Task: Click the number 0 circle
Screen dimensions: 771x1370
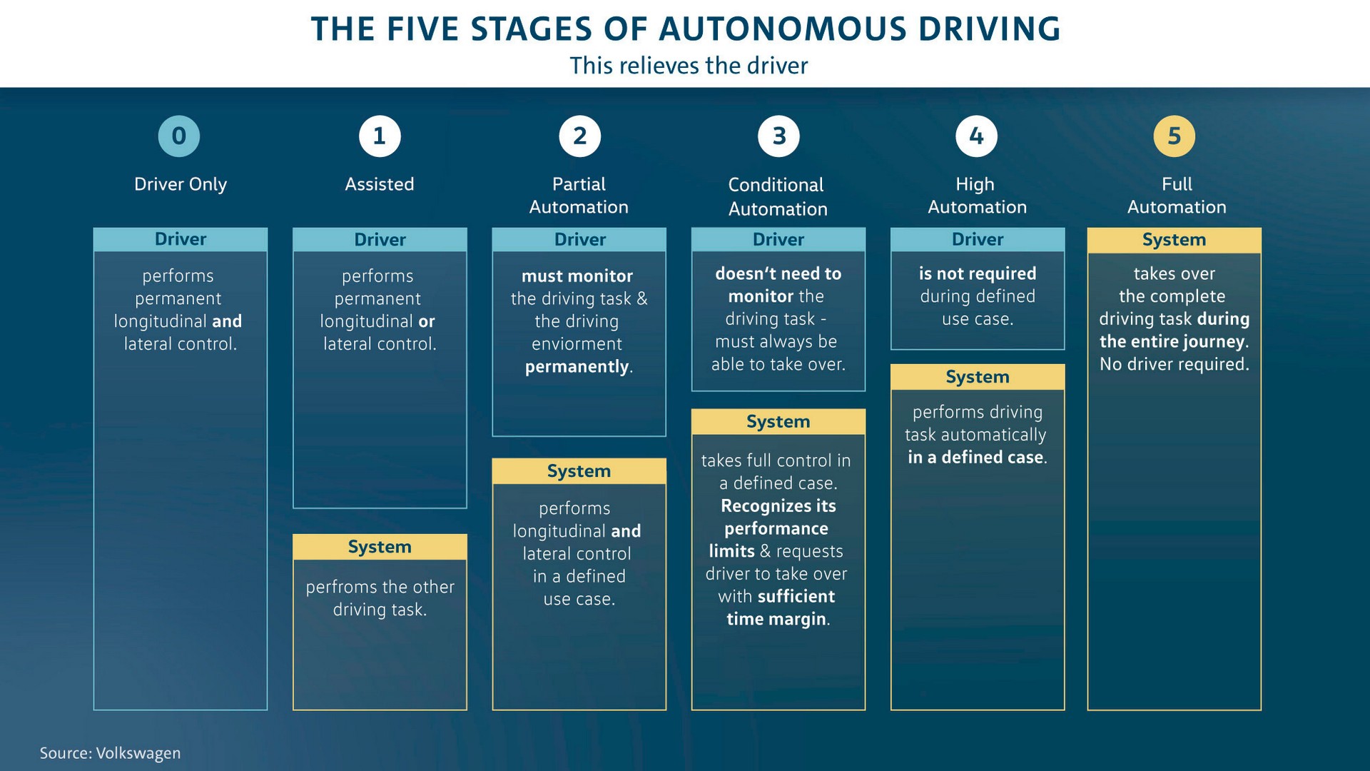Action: click(179, 136)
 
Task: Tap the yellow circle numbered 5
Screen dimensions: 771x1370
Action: click(1174, 136)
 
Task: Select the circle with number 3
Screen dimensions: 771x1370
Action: click(778, 136)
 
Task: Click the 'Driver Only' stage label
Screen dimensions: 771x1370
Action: click(181, 184)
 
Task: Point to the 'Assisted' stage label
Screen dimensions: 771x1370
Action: click(379, 184)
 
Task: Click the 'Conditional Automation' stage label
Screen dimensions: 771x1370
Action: click(777, 196)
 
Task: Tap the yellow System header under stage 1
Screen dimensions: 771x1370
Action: click(380, 547)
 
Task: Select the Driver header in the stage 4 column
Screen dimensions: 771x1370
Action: click(977, 239)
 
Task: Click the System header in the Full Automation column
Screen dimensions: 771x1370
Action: click(1174, 240)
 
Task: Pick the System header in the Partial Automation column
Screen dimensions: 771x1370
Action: click(579, 471)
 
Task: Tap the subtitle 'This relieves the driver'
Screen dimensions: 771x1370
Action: click(689, 66)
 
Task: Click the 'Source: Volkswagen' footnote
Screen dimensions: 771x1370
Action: click(110, 753)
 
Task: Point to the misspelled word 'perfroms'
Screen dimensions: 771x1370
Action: click(340, 587)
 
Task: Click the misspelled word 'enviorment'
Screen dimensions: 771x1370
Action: click(577, 344)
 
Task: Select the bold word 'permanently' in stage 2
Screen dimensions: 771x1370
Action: click(577, 367)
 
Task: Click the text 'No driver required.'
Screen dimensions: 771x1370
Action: click(1174, 364)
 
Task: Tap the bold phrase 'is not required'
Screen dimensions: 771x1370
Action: click(977, 273)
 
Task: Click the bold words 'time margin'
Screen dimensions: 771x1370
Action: click(776, 619)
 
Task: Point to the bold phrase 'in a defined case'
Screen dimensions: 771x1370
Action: click(975, 458)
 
